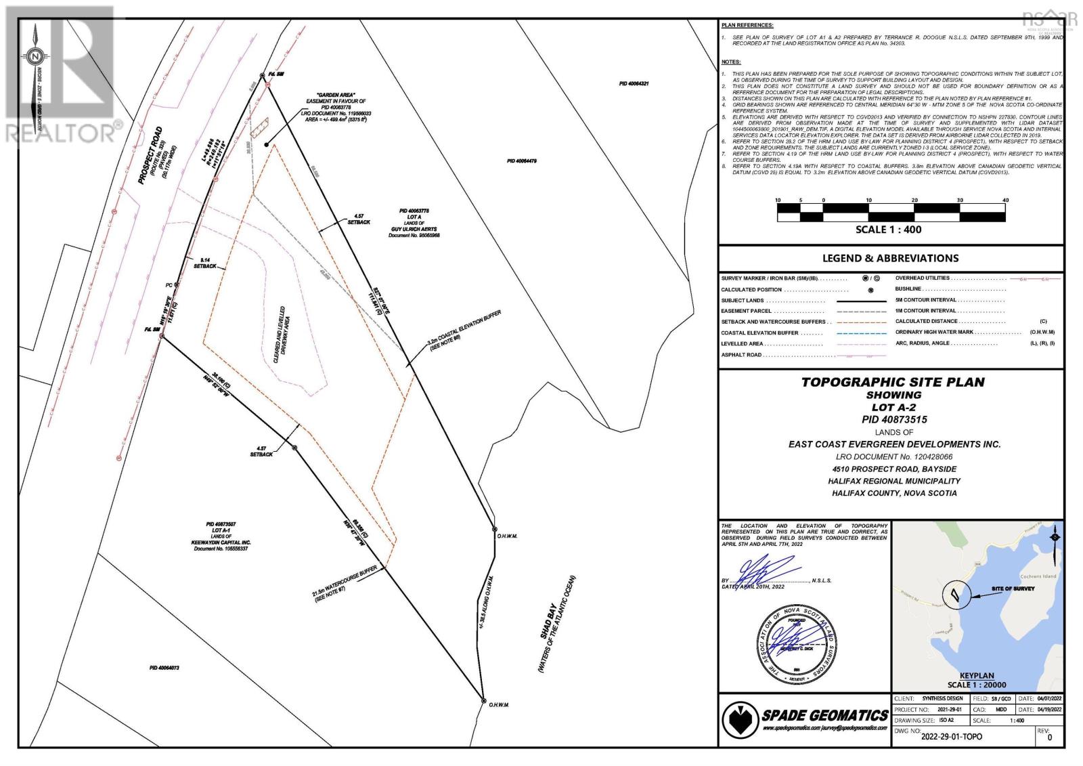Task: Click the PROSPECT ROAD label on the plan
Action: tap(151, 156)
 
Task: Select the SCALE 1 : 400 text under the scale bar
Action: tap(888, 230)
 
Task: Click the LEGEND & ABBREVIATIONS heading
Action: tap(890, 258)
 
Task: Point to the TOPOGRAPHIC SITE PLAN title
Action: tap(893, 382)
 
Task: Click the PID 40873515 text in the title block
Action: tap(894, 419)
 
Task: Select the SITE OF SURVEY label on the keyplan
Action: tap(1013, 589)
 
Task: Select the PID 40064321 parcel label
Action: tap(634, 83)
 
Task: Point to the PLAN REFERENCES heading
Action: tap(747, 25)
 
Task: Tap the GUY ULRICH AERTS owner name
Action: tap(415, 229)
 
